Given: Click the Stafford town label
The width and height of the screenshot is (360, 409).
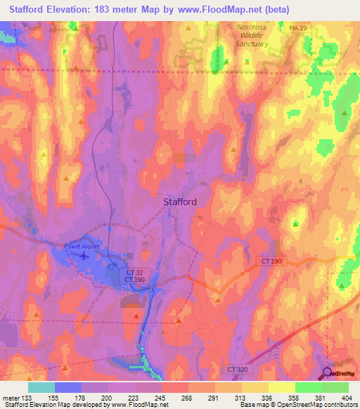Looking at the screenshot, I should click(180, 202).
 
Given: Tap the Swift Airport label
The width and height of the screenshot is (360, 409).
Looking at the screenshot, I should click(82, 247).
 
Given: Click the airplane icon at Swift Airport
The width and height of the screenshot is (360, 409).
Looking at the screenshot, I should click(85, 256).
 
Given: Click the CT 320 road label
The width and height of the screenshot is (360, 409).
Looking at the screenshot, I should click(239, 368).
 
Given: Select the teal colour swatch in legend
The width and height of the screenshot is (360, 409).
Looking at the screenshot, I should click(41, 387).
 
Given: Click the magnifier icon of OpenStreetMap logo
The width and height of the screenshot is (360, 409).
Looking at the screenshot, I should click(327, 374).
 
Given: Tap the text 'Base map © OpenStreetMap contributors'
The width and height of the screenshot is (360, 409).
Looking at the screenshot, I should click(298, 405).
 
